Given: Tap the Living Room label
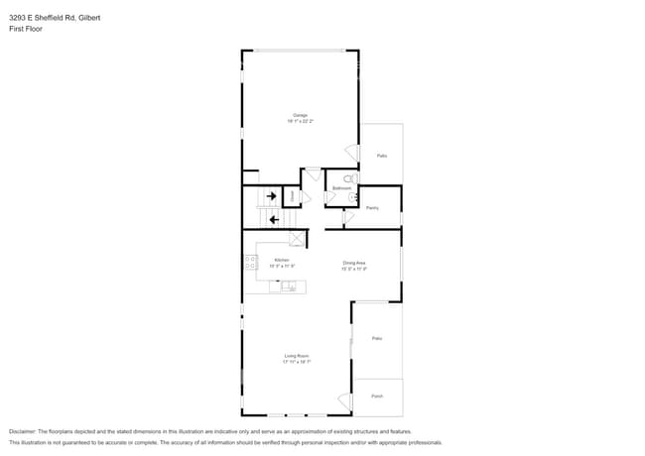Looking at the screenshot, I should click(x=296, y=358).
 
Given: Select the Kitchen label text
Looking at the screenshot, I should click(x=282, y=262).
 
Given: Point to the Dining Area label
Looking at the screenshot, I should click(x=354, y=264).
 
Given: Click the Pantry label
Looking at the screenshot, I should click(x=372, y=207).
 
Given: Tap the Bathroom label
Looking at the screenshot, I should click(x=341, y=187).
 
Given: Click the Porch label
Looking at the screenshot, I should click(x=377, y=396).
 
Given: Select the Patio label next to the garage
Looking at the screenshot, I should click(x=382, y=156).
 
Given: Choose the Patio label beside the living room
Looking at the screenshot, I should click(x=377, y=338).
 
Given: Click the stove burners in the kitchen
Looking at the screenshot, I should click(x=251, y=263).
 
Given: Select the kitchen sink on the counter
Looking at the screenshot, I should click(x=288, y=287).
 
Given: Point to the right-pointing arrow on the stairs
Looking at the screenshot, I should click(x=271, y=196).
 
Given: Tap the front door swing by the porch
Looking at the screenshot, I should click(x=345, y=400).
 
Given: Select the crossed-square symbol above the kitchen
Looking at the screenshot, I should click(x=297, y=239).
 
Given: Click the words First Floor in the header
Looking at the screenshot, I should click(x=27, y=29).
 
